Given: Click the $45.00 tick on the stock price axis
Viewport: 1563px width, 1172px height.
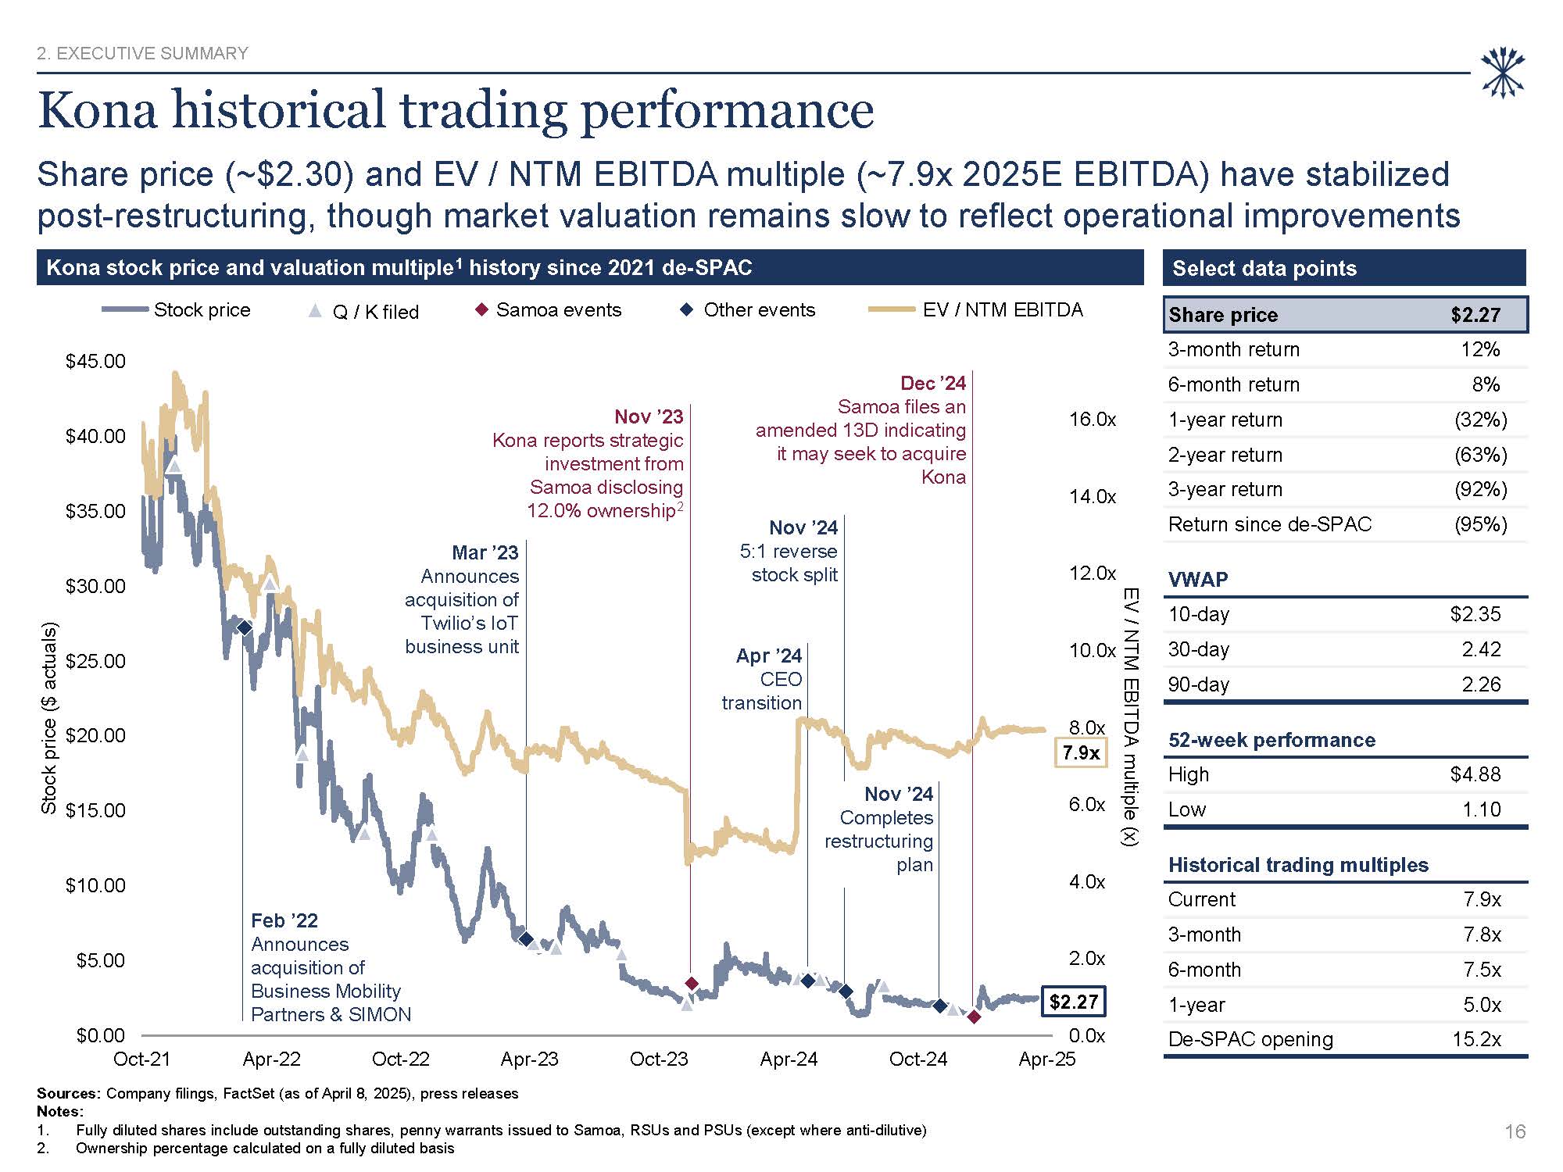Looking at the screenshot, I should [x=95, y=361].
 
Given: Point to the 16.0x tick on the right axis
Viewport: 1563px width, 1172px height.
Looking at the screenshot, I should [x=1092, y=420].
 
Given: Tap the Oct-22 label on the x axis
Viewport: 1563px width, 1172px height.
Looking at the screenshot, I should [x=401, y=1059].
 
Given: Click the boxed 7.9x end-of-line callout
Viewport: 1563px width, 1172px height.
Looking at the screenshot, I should [x=1081, y=752].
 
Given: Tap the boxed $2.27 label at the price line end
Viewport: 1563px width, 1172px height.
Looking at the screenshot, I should [x=1073, y=1002].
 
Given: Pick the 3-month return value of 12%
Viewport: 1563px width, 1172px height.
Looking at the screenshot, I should [x=1480, y=349].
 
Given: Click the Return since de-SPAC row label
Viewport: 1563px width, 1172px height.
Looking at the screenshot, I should [x=1269, y=524].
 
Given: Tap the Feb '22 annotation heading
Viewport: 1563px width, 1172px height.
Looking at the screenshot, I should [x=284, y=920].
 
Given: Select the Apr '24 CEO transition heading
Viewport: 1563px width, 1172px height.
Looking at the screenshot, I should [x=768, y=656].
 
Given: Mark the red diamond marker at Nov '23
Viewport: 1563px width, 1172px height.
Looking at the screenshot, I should [x=692, y=983].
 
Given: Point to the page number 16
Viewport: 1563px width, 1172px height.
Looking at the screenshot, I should [x=1515, y=1131].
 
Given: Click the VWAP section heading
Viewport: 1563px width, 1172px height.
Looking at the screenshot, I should [x=1198, y=580].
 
